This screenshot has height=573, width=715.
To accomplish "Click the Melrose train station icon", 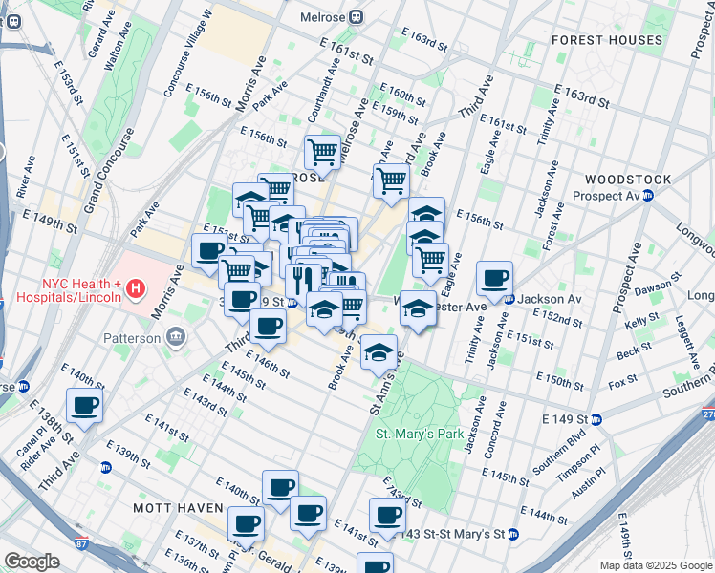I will coord(356,16).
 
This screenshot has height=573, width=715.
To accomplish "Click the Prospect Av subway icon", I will coord(648,196).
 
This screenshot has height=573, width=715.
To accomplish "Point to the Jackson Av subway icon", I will coord(509,299).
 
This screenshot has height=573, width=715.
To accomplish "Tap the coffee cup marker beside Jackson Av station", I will coord(494,280).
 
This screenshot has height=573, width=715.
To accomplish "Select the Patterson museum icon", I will coord(175,336).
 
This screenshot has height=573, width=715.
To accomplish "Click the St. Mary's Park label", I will coord(419,434).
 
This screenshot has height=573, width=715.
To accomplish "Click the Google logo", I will coord(32,561).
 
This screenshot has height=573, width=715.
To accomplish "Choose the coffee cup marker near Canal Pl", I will coord(84,406).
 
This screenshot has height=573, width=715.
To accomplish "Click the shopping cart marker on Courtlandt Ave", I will coord(322,153).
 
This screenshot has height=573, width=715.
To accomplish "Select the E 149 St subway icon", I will coord(596,418).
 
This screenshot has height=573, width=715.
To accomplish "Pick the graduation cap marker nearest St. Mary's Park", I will coord(379,352).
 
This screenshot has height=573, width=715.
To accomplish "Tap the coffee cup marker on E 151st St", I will coord(209,251).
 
